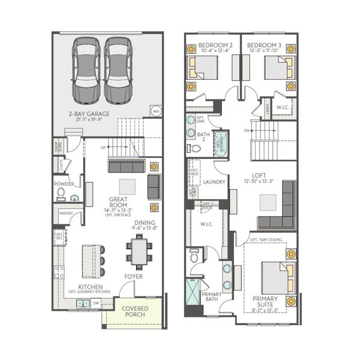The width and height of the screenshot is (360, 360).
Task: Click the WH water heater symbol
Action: (156, 111)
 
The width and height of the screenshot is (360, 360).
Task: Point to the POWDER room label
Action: (64, 184)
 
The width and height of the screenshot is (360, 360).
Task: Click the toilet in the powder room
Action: (61, 193)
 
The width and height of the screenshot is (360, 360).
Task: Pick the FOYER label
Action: (133, 277)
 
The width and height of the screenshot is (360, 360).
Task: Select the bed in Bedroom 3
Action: (278, 68)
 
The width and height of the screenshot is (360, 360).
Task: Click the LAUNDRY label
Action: (214, 182)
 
